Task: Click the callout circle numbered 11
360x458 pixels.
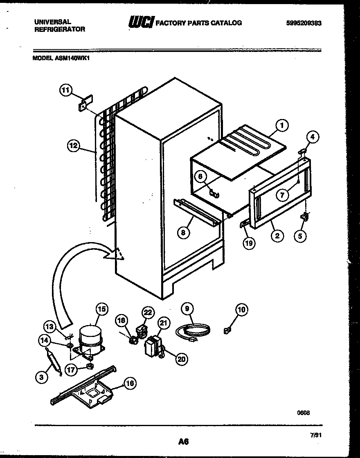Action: point(65,90)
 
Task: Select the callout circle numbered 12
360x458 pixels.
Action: point(73,145)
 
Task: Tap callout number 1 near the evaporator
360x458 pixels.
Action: point(281,126)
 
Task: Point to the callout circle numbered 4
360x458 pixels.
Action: point(312,137)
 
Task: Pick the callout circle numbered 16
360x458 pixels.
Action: point(130,383)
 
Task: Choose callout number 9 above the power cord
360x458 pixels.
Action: point(187,309)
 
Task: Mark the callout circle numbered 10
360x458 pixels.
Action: point(241,310)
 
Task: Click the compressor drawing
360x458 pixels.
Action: point(91,338)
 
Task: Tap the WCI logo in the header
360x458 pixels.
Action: point(141,23)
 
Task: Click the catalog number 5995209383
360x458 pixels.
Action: point(304,23)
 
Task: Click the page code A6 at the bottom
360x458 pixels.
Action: point(183,441)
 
